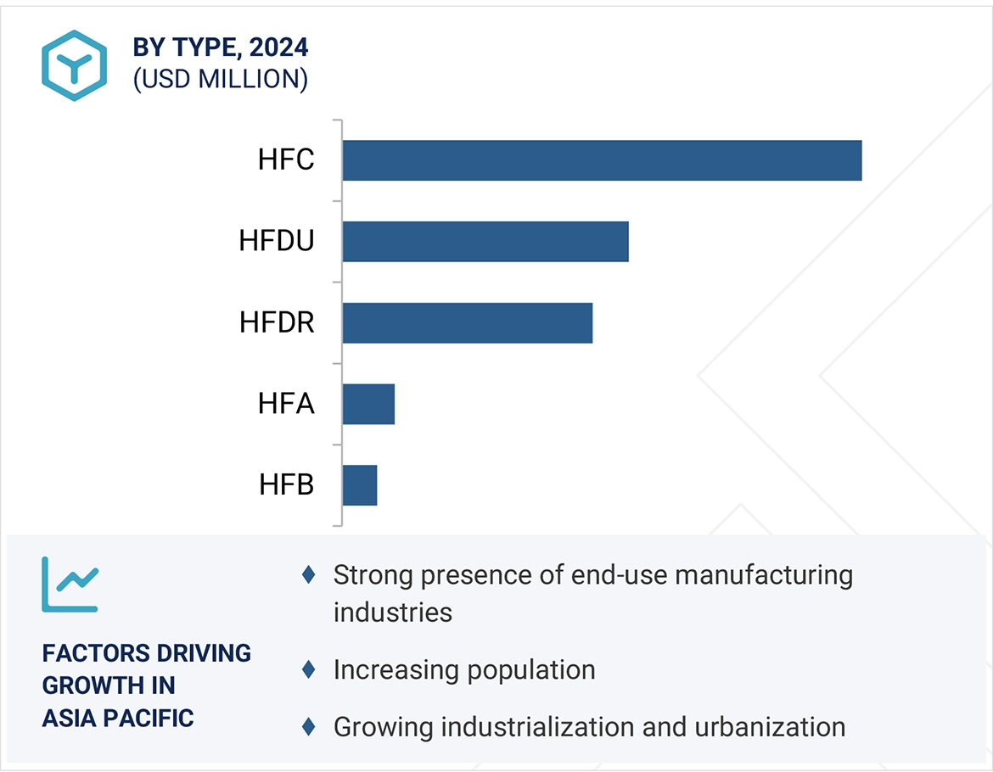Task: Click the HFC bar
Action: [602, 160]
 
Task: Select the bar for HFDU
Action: [485, 242]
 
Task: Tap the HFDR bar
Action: [468, 323]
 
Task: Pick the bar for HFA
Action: [368, 404]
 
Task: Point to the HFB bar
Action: [360, 485]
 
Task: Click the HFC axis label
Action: [286, 160]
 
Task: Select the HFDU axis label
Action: [277, 242]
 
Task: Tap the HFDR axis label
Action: [277, 323]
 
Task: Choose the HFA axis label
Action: [286, 404]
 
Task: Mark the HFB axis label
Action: [286, 485]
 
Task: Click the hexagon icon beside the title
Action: [75, 65]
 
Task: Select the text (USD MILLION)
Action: [220, 79]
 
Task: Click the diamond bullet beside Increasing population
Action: [308, 670]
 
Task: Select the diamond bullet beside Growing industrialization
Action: [308, 727]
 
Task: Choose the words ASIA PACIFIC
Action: [118, 718]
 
